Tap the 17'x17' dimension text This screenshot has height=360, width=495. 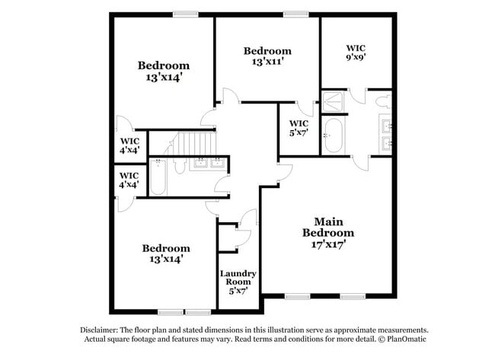328,245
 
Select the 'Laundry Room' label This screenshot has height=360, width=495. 238,278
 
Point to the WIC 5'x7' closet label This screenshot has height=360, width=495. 299,129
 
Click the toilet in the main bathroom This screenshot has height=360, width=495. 383,101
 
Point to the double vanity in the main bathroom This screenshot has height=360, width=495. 385,133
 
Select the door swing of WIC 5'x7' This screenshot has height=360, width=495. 305,110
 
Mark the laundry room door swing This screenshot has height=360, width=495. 246,221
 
